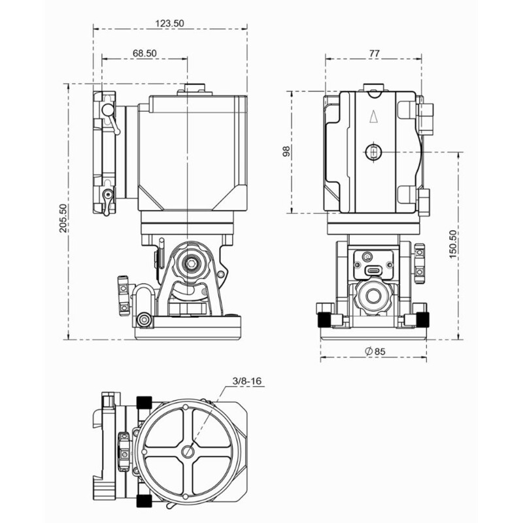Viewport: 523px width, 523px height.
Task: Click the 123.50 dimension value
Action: coord(169,24)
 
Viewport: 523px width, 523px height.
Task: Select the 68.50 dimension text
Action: coord(144,53)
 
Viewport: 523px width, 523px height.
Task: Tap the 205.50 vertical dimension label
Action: coord(63,218)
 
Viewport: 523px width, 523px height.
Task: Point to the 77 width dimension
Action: coord(374,53)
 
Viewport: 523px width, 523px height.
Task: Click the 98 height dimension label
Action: coord(286,152)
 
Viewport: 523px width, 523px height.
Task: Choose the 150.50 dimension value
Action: coord(452,244)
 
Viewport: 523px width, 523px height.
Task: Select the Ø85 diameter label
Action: coord(375,351)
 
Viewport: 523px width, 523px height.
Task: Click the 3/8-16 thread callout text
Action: coord(247,381)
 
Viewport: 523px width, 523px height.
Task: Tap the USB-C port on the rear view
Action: coord(373,270)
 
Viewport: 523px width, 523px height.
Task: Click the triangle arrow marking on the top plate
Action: coord(373,117)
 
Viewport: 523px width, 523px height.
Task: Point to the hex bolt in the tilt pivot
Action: coord(190,263)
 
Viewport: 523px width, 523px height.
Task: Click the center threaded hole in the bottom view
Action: coord(188,452)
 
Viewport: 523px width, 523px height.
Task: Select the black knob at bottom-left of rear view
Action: coord(324,320)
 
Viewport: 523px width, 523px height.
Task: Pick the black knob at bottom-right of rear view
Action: coord(423,320)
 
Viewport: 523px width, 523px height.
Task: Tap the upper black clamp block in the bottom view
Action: coord(144,402)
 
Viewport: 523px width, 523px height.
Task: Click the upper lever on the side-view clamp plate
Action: coord(110,118)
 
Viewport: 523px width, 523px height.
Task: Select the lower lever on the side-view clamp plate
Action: coord(107,201)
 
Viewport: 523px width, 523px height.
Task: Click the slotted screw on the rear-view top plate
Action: coord(373,152)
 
